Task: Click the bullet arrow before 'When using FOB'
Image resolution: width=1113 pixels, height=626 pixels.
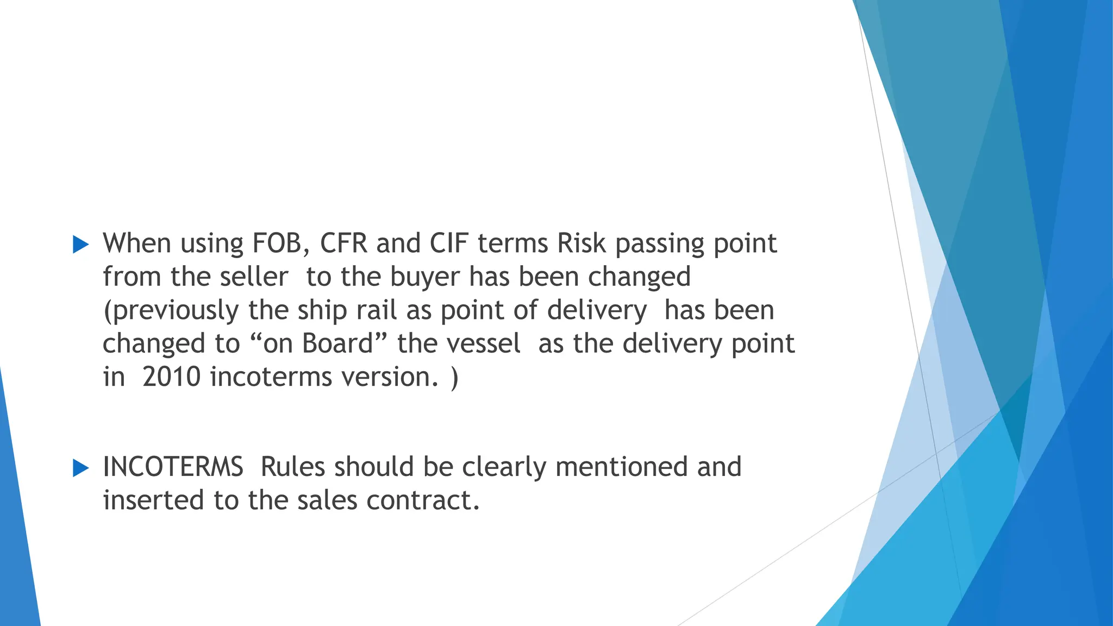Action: [x=80, y=245]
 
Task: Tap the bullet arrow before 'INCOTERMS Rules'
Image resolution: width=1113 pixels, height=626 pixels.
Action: [x=80, y=468]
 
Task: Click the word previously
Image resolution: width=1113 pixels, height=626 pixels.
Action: [x=176, y=311]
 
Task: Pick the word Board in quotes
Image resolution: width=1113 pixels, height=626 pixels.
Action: [x=337, y=343]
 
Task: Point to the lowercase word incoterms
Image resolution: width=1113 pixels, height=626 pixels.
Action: [x=271, y=377]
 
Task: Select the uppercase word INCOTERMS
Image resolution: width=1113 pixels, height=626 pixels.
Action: [x=173, y=467]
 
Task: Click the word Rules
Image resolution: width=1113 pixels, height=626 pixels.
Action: [x=292, y=467]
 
